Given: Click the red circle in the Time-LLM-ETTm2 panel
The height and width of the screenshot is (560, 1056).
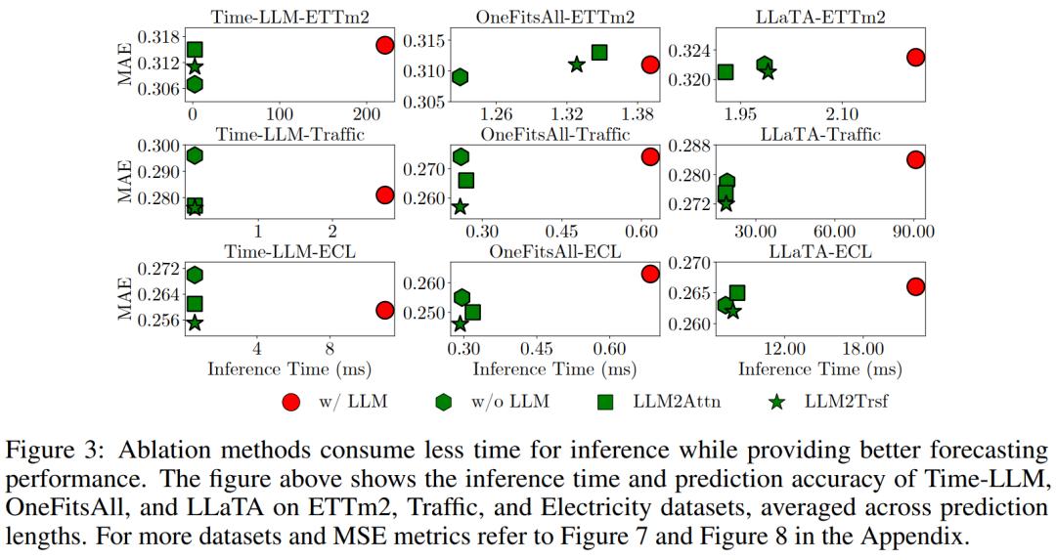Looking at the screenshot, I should (384, 45).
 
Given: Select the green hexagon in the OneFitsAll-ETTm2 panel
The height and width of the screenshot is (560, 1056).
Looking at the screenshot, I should (460, 77).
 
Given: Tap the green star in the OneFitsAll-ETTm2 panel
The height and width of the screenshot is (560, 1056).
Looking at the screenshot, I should (577, 65).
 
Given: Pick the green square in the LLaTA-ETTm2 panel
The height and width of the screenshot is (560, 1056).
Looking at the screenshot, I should (726, 71).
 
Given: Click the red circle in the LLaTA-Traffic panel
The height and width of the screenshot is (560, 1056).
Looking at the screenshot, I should (915, 159).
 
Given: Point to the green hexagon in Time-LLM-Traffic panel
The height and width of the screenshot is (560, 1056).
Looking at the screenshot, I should (195, 155).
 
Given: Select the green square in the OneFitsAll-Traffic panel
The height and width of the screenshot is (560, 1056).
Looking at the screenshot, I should (466, 180).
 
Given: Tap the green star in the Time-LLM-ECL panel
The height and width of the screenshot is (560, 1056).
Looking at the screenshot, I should (195, 323).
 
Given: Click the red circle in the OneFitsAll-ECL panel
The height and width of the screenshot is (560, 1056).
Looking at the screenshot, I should (650, 274).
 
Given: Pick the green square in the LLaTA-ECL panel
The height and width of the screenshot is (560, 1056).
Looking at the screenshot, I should (737, 293).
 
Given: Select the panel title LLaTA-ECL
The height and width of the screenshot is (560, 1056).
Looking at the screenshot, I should (820, 251).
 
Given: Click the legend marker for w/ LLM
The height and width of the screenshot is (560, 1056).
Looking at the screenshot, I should (290, 402).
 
